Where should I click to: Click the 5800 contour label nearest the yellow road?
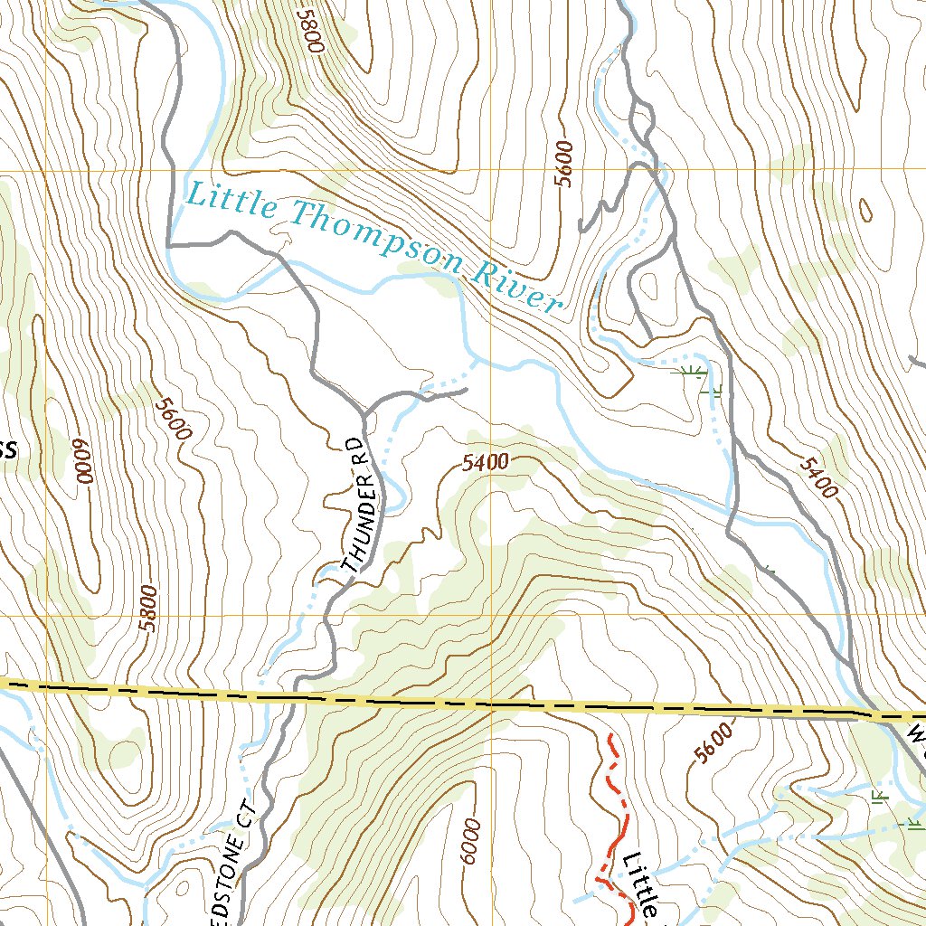(x=148, y=607)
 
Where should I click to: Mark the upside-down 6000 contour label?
(x=83, y=464)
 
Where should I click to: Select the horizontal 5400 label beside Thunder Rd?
(x=484, y=463)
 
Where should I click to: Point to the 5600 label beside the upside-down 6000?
(x=171, y=419)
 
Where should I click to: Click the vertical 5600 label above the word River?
(x=565, y=164)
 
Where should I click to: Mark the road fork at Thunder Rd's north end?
(x=364, y=413)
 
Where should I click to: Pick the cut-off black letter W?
(x=917, y=731)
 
